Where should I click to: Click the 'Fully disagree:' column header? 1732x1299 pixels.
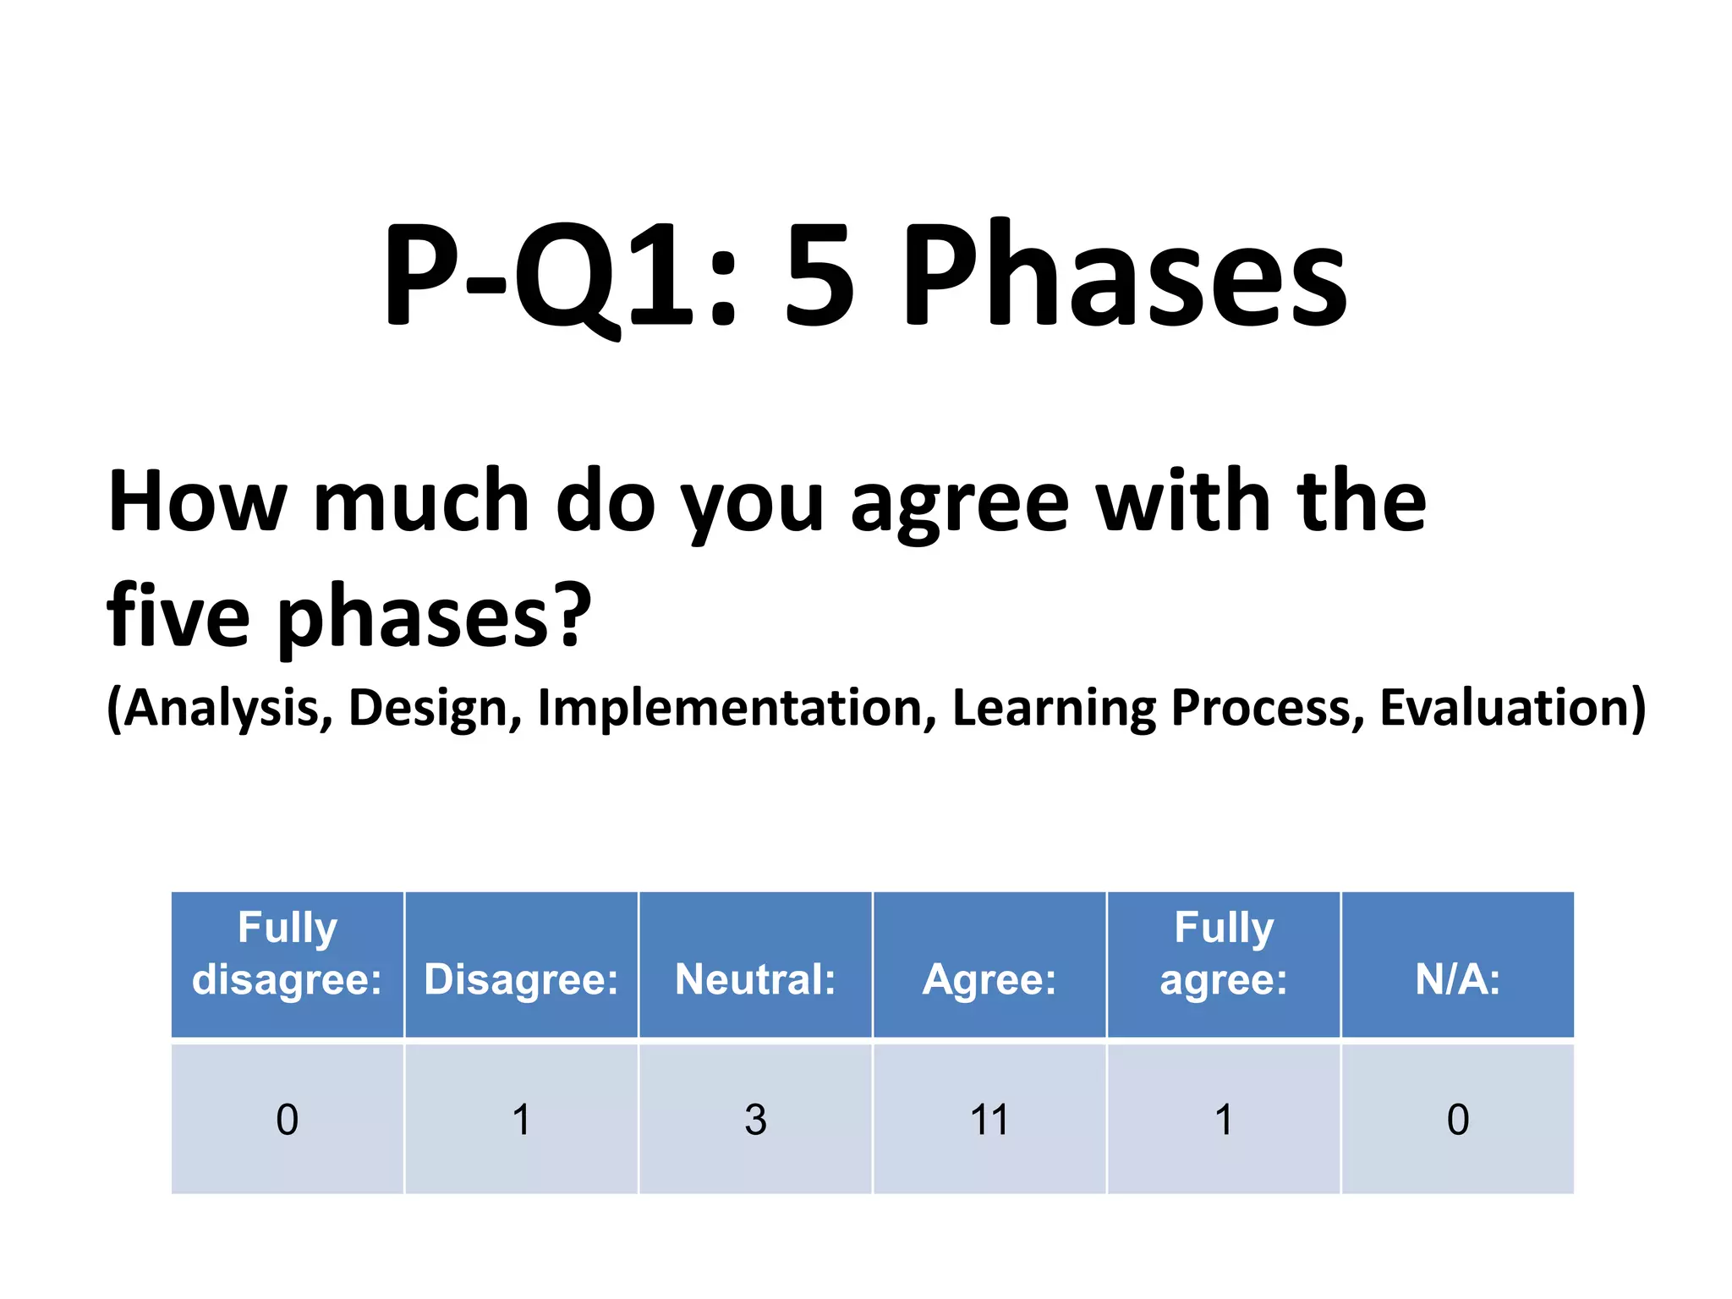click(x=287, y=954)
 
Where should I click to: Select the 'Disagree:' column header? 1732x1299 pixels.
click(x=521, y=978)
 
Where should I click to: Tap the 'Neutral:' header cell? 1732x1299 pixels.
click(x=755, y=978)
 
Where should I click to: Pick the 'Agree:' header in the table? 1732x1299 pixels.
click(x=989, y=979)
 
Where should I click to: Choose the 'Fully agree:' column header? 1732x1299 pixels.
click(x=1223, y=954)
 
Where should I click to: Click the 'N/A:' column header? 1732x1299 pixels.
click(x=1457, y=978)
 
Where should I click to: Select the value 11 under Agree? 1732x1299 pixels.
click(x=989, y=1120)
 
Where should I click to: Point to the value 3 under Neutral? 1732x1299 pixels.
click(x=755, y=1120)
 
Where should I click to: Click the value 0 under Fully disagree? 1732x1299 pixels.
click(x=288, y=1120)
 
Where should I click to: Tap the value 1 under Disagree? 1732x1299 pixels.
click(x=521, y=1120)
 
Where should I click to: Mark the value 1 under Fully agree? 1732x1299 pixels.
click(x=1223, y=1120)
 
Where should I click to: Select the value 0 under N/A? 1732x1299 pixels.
click(x=1457, y=1120)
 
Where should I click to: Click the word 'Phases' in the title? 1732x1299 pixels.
click(x=1125, y=275)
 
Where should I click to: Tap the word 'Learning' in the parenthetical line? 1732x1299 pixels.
click(x=1054, y=709)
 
